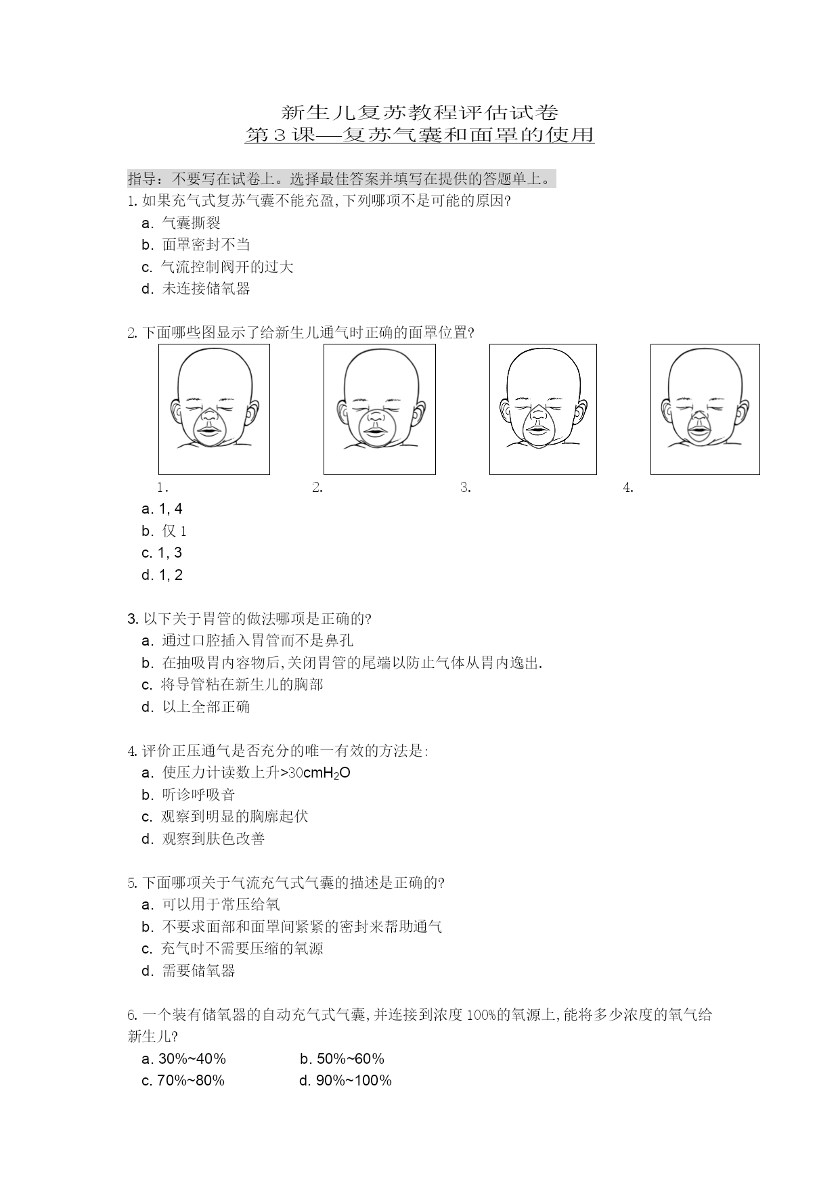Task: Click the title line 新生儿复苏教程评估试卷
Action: click(x=420, y=112)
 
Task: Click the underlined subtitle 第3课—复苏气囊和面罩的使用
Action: click(x=420, y=135)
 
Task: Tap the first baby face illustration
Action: click(x=214, y=409)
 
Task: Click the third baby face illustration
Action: click(x=543, y=409)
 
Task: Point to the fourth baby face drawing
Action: click(x=705, y=409)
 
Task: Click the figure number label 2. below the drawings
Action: click(x=317, y=487)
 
